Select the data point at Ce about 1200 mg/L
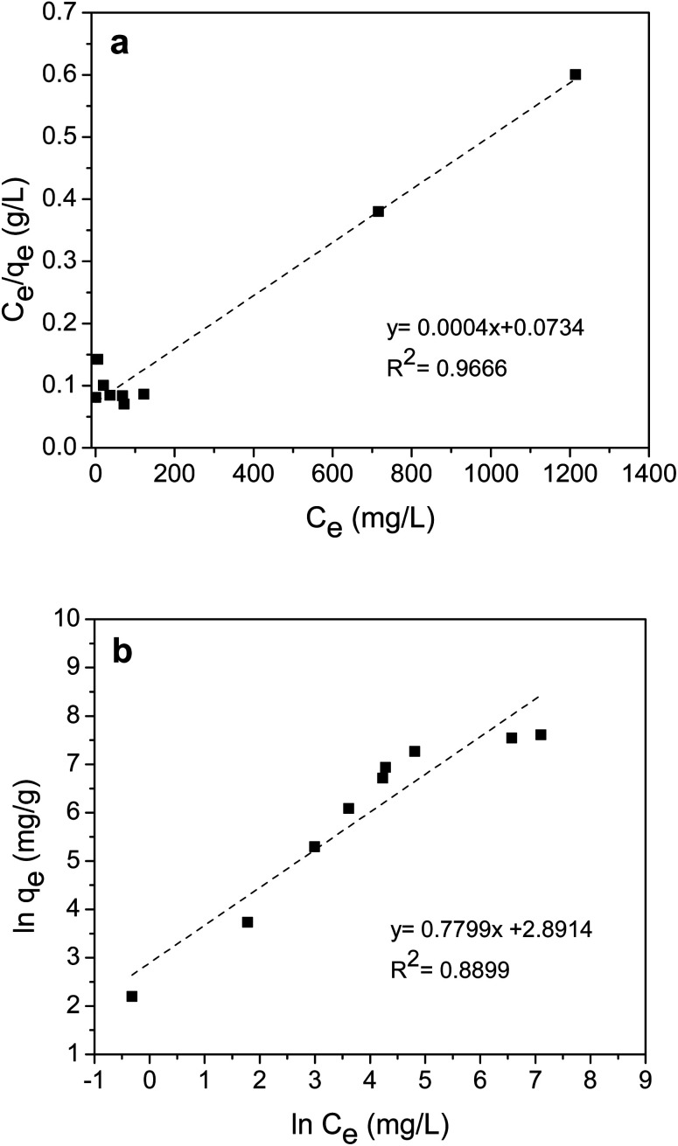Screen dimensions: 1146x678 click(575, 74)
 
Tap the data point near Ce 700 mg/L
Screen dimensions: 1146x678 click(378, 211)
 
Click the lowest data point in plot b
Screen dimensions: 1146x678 click(132, 996)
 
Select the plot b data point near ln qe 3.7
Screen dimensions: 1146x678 click(248, 921)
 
